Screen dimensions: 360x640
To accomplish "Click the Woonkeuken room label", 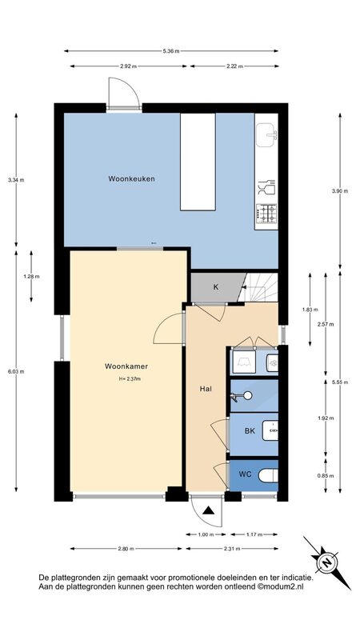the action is pos(131,178).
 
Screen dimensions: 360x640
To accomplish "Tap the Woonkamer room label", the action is pos(126,366).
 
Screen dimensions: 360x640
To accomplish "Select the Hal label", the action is pos(206,389).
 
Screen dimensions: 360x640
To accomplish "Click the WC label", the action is pos(245,474).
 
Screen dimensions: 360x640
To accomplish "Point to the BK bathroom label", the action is pos(250,430).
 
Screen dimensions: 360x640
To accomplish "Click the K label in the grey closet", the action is pos(216,286).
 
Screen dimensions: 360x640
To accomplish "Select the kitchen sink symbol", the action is pos(266,134).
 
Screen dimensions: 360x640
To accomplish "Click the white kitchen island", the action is pos(198,162).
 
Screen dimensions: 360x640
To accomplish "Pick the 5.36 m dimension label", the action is pos(171,51).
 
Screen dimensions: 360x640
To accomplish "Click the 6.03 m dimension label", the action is pos(16,371).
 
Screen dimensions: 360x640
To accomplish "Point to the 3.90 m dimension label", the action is pos(340,190).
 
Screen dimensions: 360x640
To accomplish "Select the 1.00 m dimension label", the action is pos(206,534).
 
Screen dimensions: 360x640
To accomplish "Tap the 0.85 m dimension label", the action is pos(326,475).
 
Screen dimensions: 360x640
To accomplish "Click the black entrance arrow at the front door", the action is pos(208,510).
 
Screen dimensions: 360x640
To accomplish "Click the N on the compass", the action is pos(326,563).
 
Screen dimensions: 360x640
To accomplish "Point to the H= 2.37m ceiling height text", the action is pos(130,378).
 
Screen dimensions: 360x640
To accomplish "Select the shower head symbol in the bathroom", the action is pos(242,395).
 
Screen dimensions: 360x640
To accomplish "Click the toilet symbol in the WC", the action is pos(269,475).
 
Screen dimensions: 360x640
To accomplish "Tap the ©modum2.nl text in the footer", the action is pos(281,587).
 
